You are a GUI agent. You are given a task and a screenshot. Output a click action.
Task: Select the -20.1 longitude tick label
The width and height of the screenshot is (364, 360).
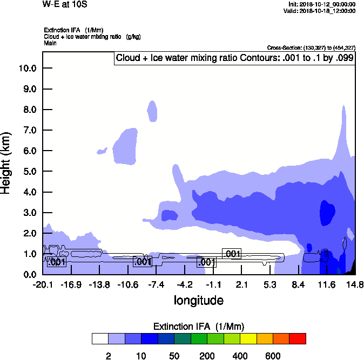[x=42, y=284]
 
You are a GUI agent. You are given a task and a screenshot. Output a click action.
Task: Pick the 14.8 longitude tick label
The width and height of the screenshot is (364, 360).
[x=355, y=284]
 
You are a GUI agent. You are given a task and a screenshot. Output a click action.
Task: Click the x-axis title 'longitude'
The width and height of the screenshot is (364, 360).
[x=199, y=300]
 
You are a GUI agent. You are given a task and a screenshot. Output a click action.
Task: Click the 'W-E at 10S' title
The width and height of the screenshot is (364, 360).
[x=65, y=4]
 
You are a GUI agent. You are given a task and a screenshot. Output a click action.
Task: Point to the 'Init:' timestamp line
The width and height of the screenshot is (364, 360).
[x=322, y=4]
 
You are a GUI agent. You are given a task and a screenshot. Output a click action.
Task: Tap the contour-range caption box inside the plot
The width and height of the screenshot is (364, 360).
[x=234, y=58]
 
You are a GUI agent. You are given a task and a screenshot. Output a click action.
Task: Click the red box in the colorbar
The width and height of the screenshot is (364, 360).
[x=297, y=338]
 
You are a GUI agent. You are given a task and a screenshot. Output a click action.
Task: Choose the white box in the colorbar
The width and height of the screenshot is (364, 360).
[x=100, y=338]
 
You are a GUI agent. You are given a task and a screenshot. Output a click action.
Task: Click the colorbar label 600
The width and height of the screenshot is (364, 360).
[x=273, y=356]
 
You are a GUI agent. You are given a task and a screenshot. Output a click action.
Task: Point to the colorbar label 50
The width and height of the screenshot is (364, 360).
[x=174, y=356]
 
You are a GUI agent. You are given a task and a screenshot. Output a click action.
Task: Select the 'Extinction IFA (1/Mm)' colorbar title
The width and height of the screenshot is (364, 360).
[x=199, y=327]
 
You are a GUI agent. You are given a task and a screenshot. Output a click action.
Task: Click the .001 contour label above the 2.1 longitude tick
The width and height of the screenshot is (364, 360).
[x=232, y=254]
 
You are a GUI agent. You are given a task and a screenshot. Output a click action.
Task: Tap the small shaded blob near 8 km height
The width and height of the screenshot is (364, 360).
[x=153, y=111]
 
